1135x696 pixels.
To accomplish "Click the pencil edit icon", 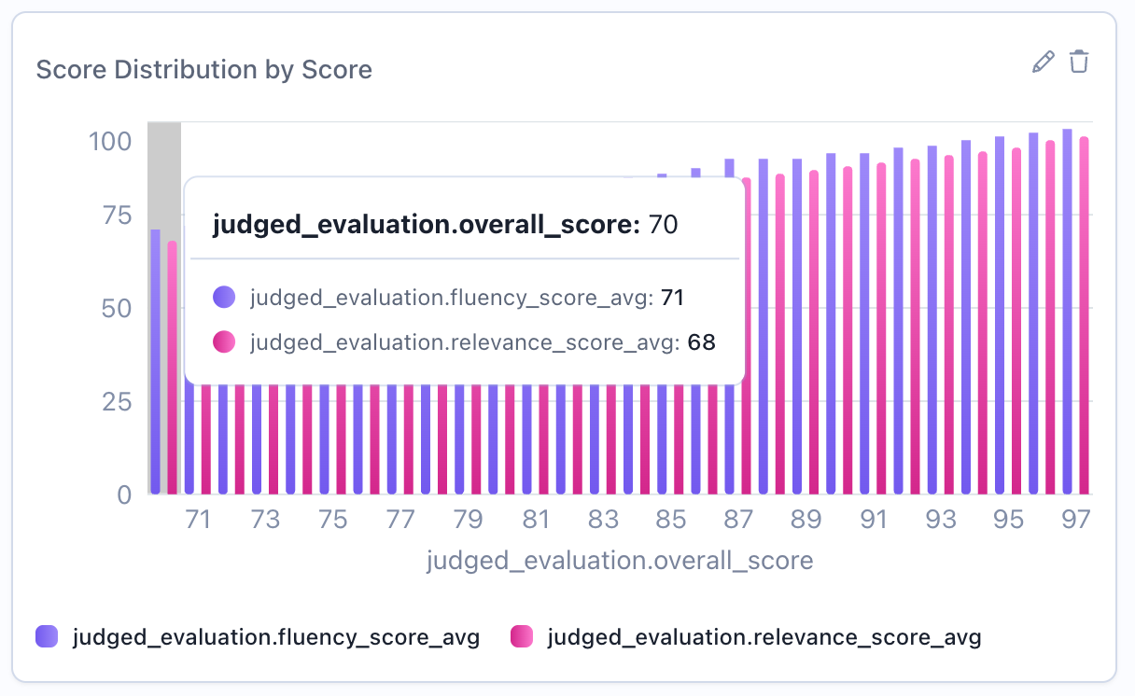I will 1043,63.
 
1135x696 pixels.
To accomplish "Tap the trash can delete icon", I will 1079,63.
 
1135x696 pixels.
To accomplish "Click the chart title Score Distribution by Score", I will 203,69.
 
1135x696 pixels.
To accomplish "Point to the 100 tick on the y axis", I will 110,142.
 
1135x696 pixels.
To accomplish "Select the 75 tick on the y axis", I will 116,216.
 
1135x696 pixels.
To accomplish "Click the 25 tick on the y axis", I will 116,402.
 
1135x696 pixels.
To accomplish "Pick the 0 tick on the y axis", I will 124,494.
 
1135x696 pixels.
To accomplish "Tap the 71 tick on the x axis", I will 197,520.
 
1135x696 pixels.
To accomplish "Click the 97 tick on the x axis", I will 1076,520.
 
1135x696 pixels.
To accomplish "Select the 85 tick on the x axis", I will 671,520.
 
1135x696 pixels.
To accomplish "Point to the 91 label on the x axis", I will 874,520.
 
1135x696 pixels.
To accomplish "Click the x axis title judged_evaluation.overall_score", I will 620,561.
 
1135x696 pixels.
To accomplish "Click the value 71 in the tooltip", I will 673,298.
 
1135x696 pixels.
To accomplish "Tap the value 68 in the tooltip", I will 701,342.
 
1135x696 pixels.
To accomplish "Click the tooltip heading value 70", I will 663,225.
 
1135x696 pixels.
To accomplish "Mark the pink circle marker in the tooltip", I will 224,342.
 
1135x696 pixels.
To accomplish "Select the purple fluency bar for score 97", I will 1067,312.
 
